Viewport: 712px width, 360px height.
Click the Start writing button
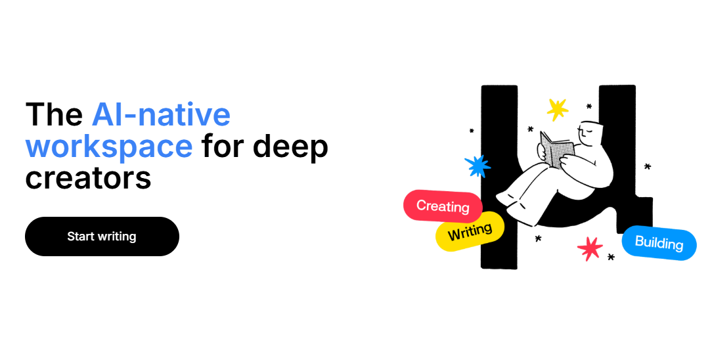click(x=102, y=236)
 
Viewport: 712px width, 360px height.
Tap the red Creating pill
click(x=443, y=206)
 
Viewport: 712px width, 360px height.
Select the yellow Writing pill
click(x=470, y=231)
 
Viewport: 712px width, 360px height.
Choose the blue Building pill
click(x=659, y=243)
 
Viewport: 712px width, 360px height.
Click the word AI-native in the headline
click(x=161, y=115)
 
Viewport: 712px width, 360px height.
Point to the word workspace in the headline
click(x=109, y=146)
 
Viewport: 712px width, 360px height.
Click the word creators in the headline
click(x=88, y=177)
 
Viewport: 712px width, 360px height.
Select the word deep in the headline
click(x=290, y=146)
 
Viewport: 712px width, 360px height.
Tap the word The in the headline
click(x=54, y=115)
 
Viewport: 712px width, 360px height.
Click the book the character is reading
click(x=555, y=148)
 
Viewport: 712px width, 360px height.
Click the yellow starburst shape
click(x=557, y=109)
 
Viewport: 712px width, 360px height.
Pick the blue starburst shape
click(x=478, y=166)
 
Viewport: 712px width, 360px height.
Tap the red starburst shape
click(x=590, y=248)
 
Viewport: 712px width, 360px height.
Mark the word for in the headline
click(x=223, y=146)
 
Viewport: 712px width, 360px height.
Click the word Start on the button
click(x=81, y=236)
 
